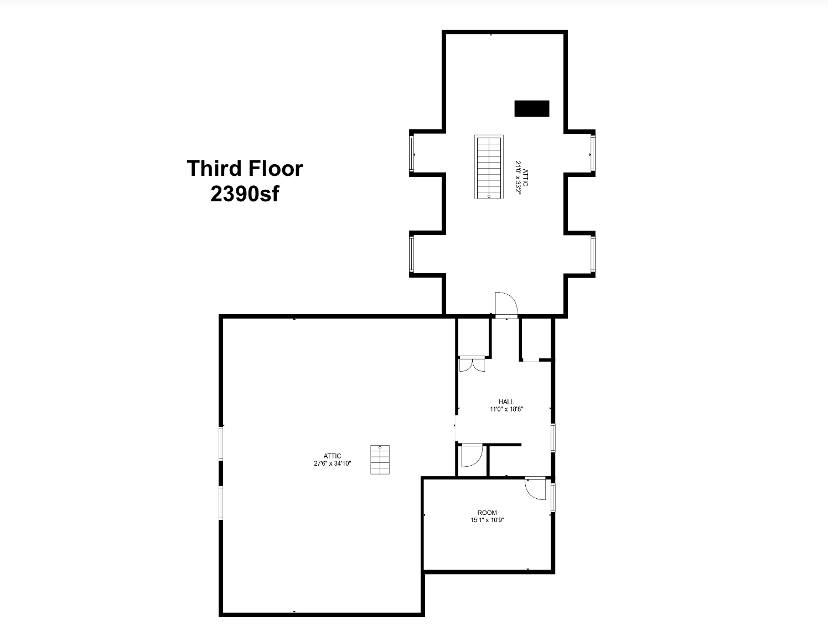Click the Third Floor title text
pyautogui.click(x=245, y=168)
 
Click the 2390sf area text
pyautogui.click(x=245, y=194)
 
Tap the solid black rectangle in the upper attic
pyautogui.click(x=531, y=108)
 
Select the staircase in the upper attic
pyautogui.click(x=489, y=166)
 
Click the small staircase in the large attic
pyautogui.click(x=380, y=460)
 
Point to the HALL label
pyautogui.click(x=506, y=402)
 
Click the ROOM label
pyautogui.click(x=487, y=513)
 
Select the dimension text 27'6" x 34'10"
pyautogui.click(x=332, y=463)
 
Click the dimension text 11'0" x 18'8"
pyautogui.click(x=506, y=410)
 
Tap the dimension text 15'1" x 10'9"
pyautogui.click(x=487, y=520)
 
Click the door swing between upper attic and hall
pyautogui.click(x=506, y=305)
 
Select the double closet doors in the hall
pyautogui.click(x=472, y=364)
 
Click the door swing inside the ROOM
pyautogui.click(x=535, y=488)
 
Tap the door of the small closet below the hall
pyautogui.click(x=472, y=455)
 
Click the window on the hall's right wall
pyautogui.click(x=553, y=437)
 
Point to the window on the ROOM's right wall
pyautogui.click(x=553, y=497)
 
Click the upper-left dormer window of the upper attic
pyautogui.click(x=412, y=153)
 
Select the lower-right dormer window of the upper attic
pyautogui.click(x=593, y=254)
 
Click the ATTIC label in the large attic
pyautogui.click(x=332, y=456)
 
